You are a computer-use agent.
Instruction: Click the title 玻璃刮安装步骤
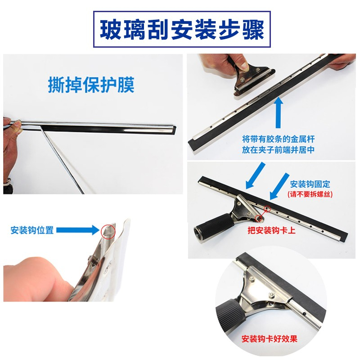182,30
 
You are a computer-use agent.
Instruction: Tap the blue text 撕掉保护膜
91,85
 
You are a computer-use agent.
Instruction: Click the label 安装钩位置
32,230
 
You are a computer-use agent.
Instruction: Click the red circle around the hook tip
108,231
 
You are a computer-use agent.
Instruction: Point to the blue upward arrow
278,112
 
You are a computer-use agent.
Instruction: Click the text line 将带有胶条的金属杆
278,139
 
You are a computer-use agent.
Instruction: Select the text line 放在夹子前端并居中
278,150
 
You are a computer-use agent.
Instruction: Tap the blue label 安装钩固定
310,184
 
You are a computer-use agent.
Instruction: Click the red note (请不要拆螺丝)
310,194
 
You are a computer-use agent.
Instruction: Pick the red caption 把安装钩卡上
271,230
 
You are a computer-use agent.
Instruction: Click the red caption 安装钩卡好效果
269,339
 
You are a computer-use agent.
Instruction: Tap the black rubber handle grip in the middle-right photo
212,226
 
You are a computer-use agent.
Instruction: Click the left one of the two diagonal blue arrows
255,175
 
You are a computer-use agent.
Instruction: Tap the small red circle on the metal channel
267,209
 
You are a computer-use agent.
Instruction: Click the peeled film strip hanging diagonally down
63,160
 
